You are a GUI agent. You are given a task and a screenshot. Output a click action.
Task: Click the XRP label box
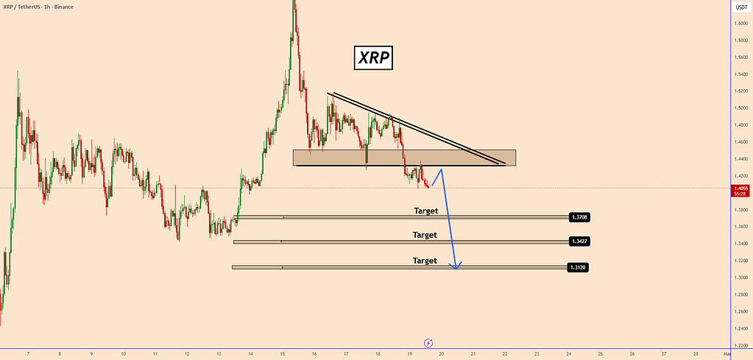[x=372, y=57]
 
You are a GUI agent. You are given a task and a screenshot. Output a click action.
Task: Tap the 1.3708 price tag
[x=579, y=217]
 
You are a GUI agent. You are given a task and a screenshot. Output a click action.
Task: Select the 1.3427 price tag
[x=579, y=241]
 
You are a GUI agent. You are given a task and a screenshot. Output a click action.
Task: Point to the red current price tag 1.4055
[x=740, y=189]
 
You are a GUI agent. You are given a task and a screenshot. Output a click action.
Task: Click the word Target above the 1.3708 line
[x=425, y=211]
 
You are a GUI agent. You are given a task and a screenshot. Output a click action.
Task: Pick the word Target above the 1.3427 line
[x=425, y=235]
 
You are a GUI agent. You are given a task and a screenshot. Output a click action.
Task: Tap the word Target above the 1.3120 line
[x=425, y=261]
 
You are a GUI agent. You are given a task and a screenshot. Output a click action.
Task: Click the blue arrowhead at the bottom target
[x=457, y=266]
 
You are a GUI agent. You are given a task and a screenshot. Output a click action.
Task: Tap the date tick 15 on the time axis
[x=282, y=354]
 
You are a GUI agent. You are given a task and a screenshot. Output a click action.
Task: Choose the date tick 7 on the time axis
[x=27, y=354]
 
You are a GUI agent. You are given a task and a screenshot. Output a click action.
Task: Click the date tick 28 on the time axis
[x=696, y=354]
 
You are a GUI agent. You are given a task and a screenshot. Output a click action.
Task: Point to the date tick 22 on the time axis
[x=505, y=354]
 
